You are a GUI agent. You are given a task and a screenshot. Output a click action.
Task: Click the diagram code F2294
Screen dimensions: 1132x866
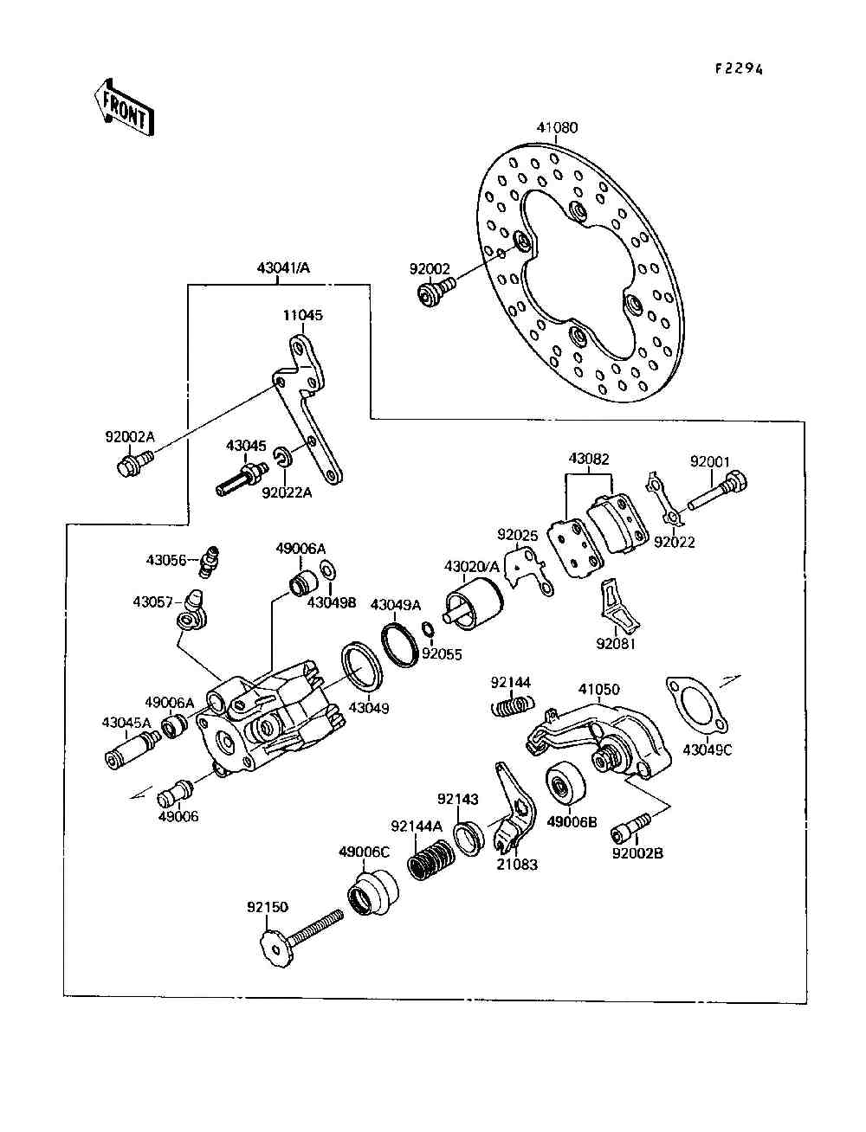[739, 70]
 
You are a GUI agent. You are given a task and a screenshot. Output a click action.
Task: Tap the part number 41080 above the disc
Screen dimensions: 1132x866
[557, 128]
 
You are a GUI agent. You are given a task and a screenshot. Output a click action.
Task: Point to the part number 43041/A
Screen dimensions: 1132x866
[282, 268]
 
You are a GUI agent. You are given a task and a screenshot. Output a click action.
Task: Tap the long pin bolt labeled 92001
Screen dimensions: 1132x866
[718, 492]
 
